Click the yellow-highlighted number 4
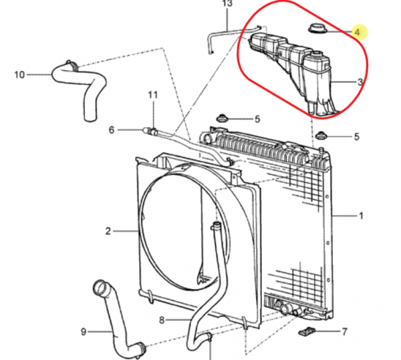358,33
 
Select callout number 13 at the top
227,3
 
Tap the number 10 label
19,75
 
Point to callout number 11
152,95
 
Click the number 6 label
112,130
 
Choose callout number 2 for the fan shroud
108,231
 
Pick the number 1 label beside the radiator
361,216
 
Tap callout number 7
344,332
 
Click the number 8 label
162,320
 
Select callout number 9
84,332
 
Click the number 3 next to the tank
360,82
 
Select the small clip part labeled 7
307,331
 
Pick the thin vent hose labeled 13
225,31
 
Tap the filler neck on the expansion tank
317,54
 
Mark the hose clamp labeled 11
154,132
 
